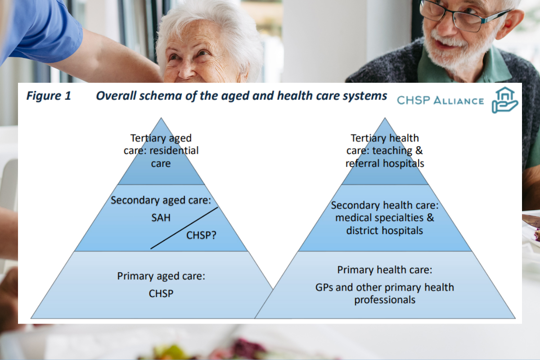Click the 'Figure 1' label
[48, 96]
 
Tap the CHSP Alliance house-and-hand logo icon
[505, 100]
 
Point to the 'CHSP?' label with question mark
[201, 234]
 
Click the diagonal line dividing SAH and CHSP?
[184, 228]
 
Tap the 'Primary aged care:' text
[161, 276]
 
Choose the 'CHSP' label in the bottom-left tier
[161, 293]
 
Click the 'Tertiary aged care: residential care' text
[161, 150]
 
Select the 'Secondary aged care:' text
[161, 200]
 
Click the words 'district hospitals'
[385, 230]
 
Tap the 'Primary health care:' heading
[385, 270]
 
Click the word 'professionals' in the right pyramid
[385, 299]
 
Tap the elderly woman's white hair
[207, 22]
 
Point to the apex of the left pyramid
[161, 120]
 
